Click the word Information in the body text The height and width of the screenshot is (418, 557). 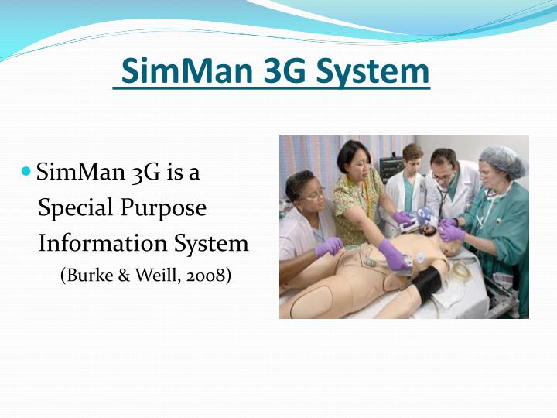[x=94, y=243]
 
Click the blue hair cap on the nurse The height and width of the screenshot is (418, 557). [x=501, y=159]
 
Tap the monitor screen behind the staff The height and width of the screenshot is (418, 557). [x=391, y=166]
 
